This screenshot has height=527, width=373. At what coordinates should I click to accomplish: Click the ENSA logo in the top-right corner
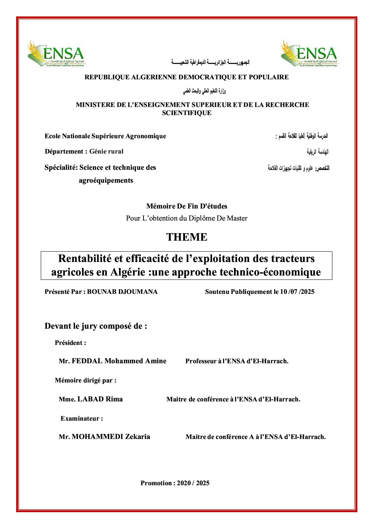(309, 53)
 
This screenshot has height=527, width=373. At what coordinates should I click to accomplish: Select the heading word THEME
(187, 237)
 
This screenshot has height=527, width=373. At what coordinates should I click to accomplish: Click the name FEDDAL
(87, 361)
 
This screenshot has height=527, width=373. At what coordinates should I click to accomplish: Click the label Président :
(70, 343)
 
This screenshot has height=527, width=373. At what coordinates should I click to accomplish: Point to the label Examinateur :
(82, 418)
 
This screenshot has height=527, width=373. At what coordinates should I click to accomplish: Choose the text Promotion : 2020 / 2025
(175, 483)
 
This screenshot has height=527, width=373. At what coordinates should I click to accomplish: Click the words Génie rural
(106, 151)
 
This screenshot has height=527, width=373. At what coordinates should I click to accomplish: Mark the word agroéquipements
(106, 181)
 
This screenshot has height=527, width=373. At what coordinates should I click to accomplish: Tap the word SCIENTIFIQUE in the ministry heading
(186, 113)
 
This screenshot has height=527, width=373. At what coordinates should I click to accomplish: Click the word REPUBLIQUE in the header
(107, 77)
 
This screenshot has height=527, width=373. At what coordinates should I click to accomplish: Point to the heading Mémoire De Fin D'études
(186, 206)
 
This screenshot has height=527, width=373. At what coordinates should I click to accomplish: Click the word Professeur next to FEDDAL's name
(201, 361)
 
